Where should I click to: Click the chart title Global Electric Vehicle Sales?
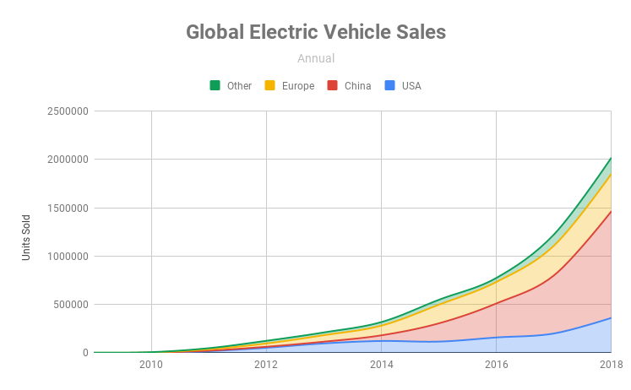click(315, 32)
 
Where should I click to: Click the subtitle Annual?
click(316, 58)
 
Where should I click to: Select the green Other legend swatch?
click(215, 85)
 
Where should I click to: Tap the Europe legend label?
click(298, 85)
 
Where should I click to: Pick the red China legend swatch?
click(332, 85)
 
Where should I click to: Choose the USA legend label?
click(411, 85)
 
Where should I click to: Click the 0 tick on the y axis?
click(85, 352)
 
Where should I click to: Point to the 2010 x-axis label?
click(151, 365)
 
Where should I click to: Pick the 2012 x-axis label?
click(266, 365)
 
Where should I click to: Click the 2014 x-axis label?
click(381, 365)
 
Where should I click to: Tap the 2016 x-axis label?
click(496, 365)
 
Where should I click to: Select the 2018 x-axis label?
click(610, 365)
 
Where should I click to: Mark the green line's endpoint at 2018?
click(611, 157)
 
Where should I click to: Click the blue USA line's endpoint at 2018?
click(611, 317)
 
